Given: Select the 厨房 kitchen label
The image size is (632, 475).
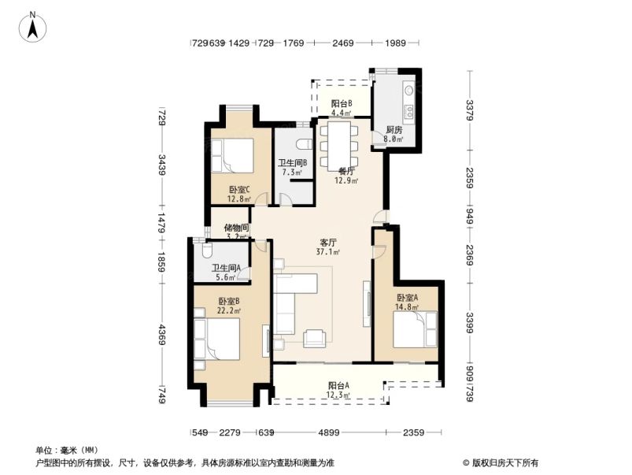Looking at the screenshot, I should [x=394, y=130].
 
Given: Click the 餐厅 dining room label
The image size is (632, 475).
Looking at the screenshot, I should [x=346, y=171].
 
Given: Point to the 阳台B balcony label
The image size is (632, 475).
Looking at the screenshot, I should [x=341, y=103].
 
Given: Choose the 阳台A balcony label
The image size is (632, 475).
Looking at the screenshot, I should [x=338, y=385].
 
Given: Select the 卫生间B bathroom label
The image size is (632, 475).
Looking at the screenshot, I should [x=292, y=163].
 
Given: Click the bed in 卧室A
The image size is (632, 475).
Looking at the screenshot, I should [x=414, y=328].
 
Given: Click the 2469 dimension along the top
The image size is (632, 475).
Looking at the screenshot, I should [x=342, y=43].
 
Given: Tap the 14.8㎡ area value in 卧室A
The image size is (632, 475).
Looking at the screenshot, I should [x=407, y=307].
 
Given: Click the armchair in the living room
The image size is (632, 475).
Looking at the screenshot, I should [x=316, y=337].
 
